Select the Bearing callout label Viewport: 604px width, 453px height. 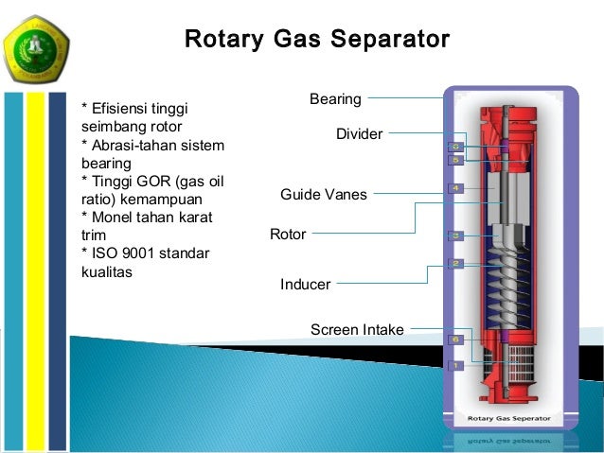coord(335,98)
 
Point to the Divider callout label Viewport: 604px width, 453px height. coord(359,134)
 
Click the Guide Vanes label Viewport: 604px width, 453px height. coord(323,195)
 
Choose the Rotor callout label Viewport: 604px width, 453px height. coord(288,234)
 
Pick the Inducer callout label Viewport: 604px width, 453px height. coord(305,284)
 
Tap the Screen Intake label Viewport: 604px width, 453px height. coord(357,329)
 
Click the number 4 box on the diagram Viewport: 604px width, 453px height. coord(455,189)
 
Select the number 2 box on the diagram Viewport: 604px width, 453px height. coord(455,263)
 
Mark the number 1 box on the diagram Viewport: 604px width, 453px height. coord(455,364)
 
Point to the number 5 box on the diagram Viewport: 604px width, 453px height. coord(455,161)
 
